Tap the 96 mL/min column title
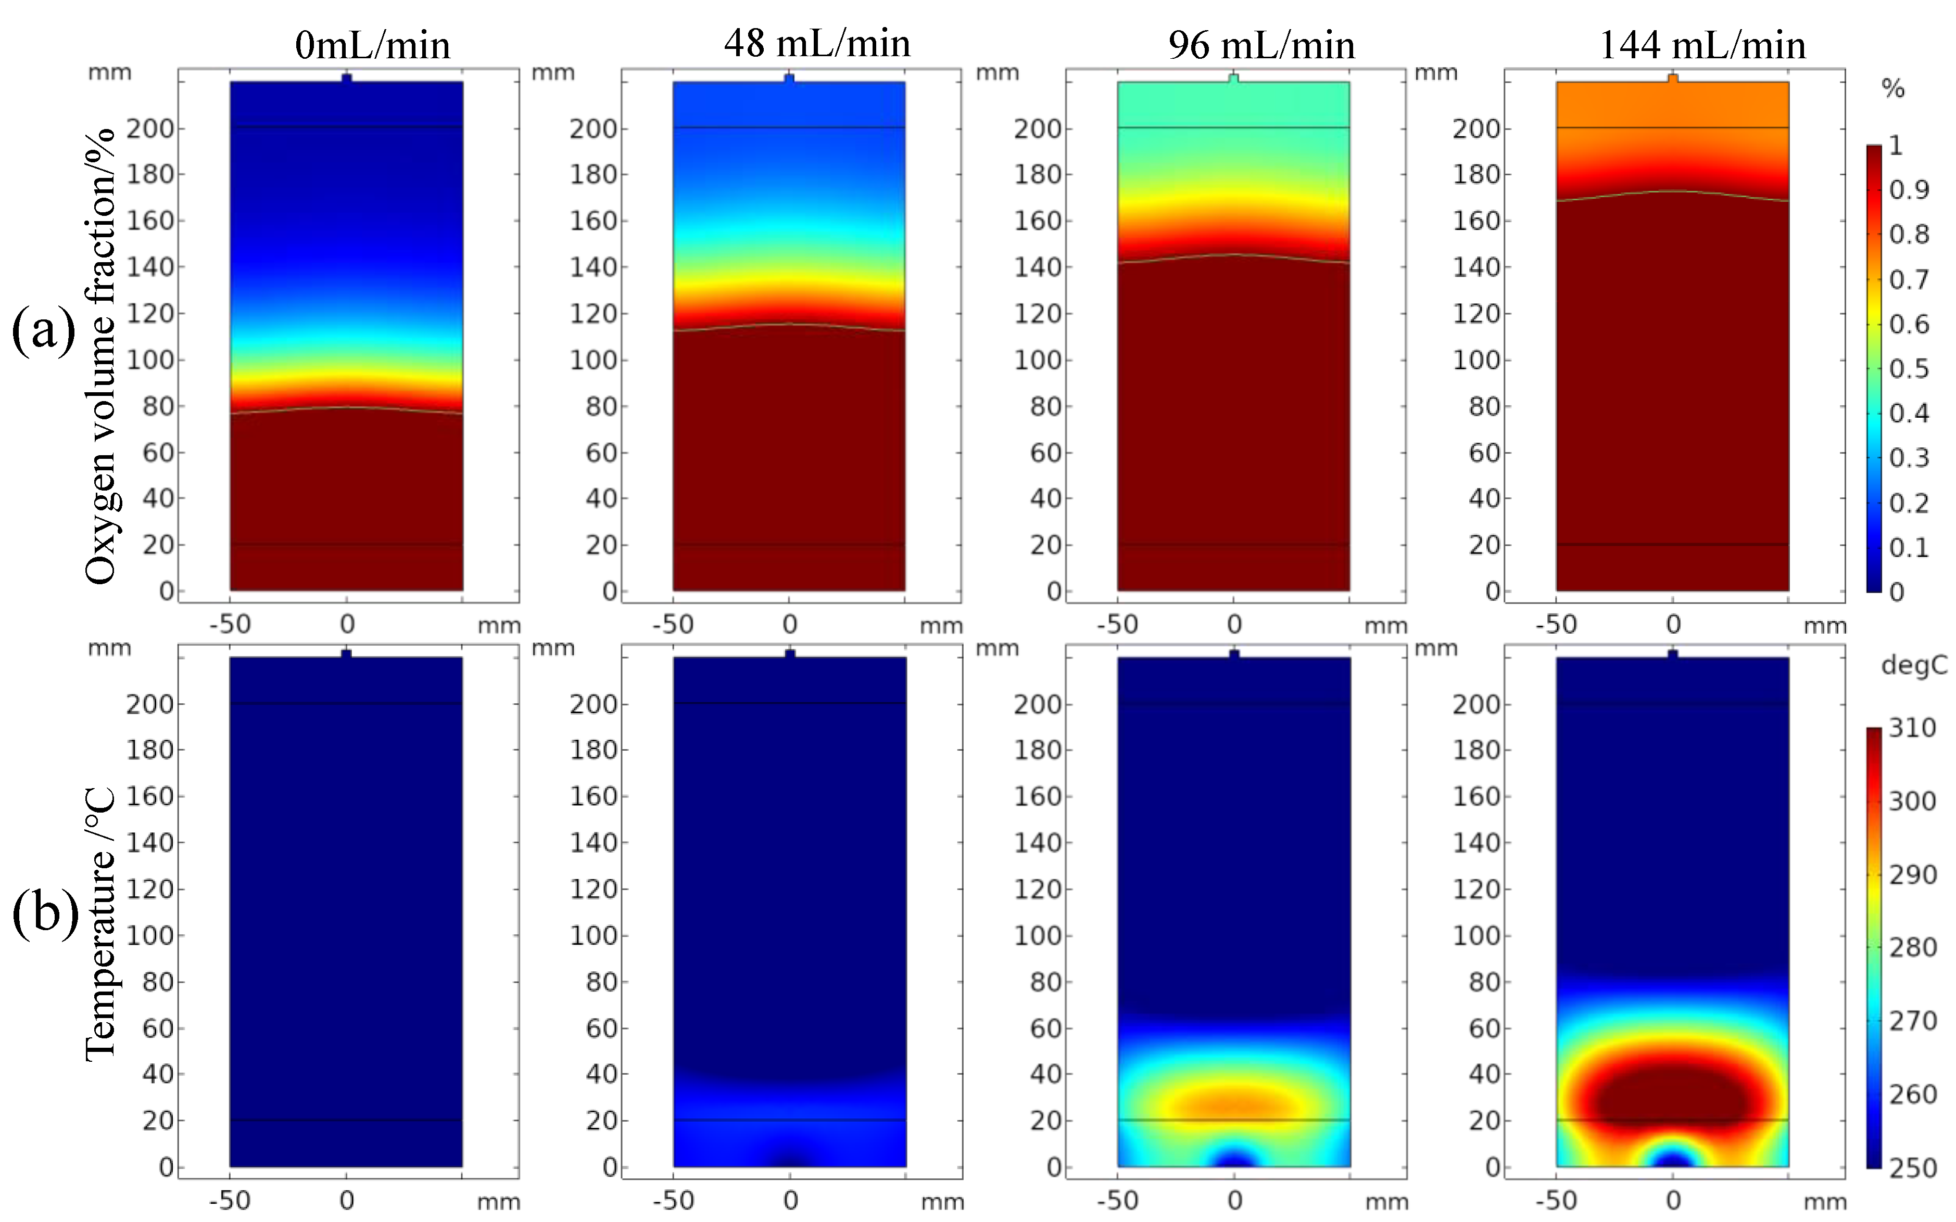pyautogui.click(x=1261, y=44)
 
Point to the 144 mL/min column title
pyautogui.click(x=1702, y=44)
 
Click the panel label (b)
pyautogui.click(x=44, y=914)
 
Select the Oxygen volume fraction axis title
pyautogui.click(x=100, y=356)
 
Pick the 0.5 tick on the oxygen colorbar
pyautogui.click(x=1908, y=368)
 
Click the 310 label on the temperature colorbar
pyautogui.click(x=1912, y=728)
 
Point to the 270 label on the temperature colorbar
pyautogui.click(x=1912, y=1021)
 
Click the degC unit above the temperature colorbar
pyautogui.click(x=1913, y=665)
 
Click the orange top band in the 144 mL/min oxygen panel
pyautogui.click(x=1672, y=105)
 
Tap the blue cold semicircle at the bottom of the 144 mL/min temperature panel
pyautogui.click(x=1672, y=1157)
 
